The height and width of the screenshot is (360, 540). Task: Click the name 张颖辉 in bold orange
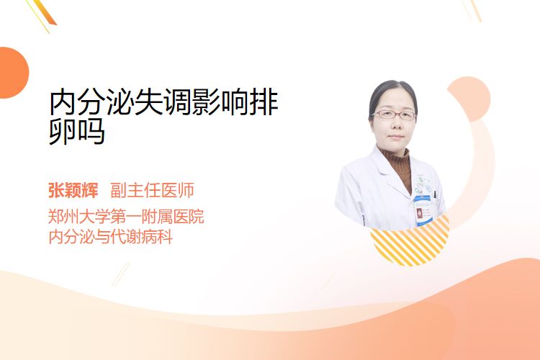73,190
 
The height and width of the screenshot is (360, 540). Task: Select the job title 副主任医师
152,190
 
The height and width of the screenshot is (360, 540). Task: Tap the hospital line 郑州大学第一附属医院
126,217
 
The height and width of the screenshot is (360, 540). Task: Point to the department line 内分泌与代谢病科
111,237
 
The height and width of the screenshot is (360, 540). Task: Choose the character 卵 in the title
63,132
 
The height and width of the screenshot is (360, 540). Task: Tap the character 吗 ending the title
91,132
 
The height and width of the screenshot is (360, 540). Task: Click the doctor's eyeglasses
394,114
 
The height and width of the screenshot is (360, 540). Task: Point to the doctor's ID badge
422,210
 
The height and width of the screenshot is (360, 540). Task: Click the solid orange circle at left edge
13,73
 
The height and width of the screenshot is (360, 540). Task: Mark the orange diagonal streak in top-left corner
43,14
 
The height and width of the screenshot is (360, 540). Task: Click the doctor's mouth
395,136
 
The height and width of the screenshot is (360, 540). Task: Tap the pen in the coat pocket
435,194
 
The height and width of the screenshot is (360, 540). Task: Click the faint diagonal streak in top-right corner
472,10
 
